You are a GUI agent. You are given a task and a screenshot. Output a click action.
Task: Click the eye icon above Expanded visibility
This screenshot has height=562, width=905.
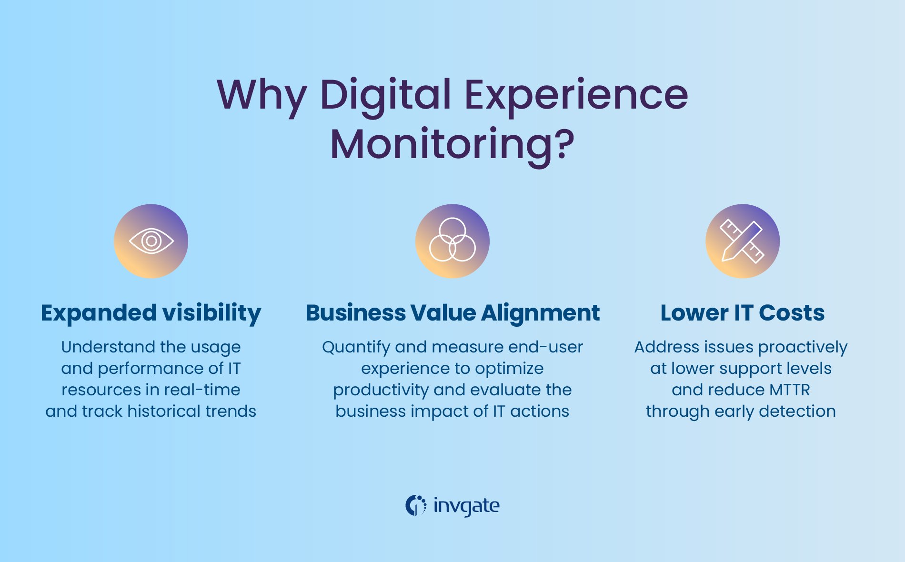click(151, 241)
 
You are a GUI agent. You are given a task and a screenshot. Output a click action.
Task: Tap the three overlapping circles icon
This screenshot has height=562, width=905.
click(452, 241)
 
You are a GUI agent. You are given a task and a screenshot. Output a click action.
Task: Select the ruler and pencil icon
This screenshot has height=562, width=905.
click(742, 241)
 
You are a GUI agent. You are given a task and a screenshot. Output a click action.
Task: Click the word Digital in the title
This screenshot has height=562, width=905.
click(385, 94)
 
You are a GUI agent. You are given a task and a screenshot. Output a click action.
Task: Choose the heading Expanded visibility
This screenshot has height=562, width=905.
click(151, 313)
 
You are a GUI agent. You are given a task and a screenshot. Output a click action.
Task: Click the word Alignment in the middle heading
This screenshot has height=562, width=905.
click(540, 313)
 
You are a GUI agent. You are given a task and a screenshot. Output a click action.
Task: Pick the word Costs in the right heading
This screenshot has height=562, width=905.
click(792, 313)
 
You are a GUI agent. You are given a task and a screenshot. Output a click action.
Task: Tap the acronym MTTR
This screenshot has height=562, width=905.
click(789, 390)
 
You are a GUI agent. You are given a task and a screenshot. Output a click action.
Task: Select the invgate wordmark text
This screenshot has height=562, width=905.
click(466, 506)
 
